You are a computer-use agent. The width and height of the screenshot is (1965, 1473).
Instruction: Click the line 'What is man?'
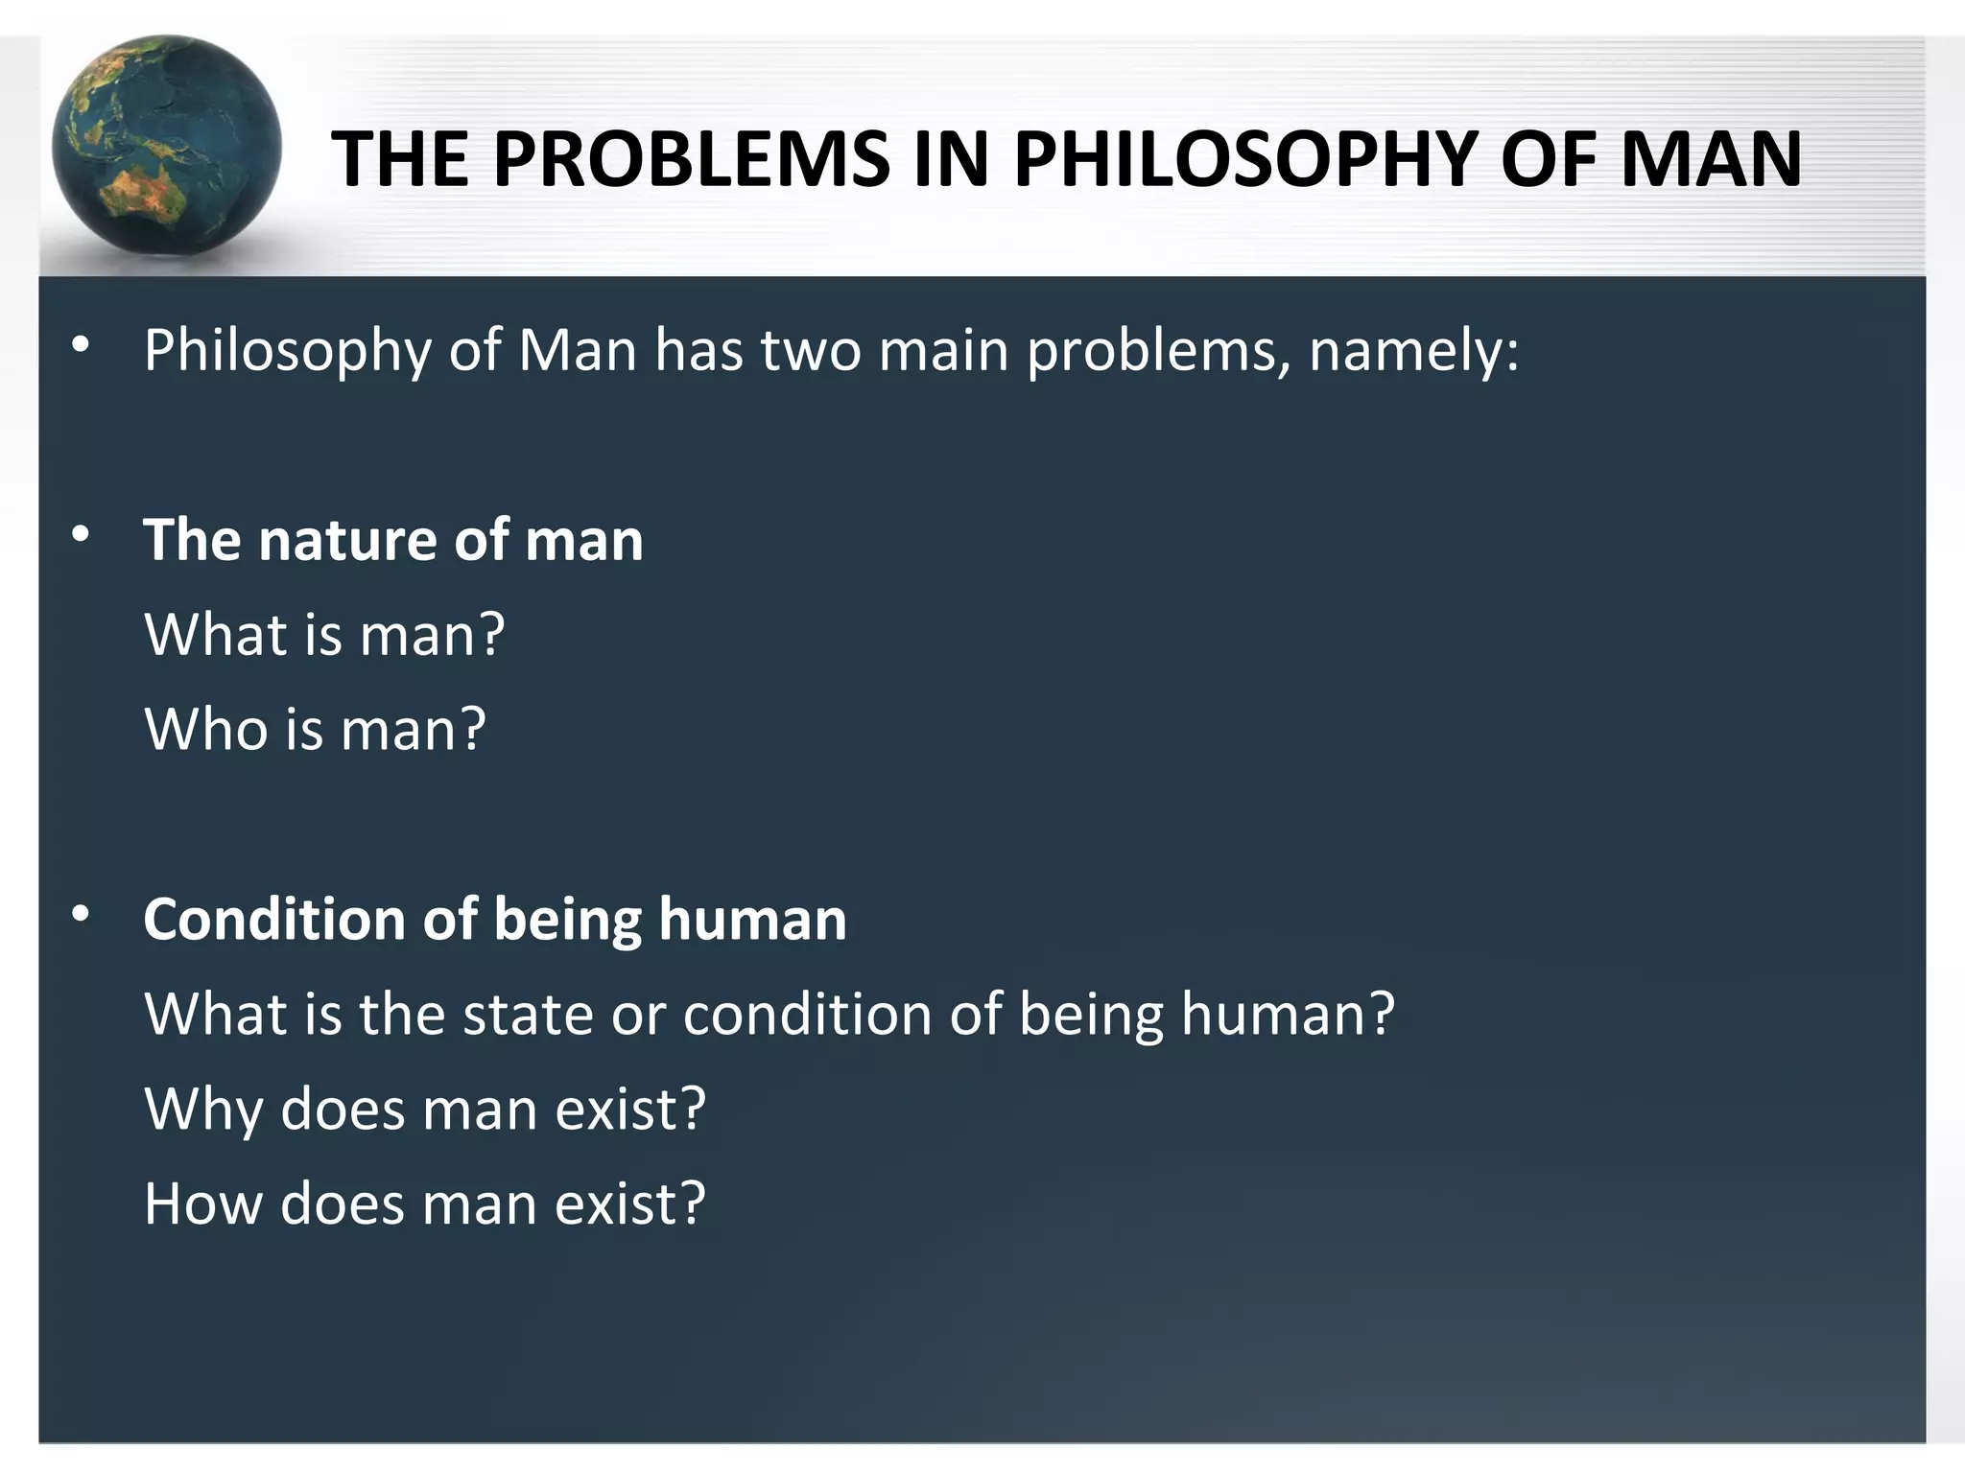pos(324,635)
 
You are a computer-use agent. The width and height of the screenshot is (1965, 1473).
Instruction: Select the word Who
pos(205,729)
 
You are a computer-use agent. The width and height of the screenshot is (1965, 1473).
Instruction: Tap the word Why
pos(203,1109)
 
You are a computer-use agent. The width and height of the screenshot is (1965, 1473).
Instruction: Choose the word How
pos(202,1204)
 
